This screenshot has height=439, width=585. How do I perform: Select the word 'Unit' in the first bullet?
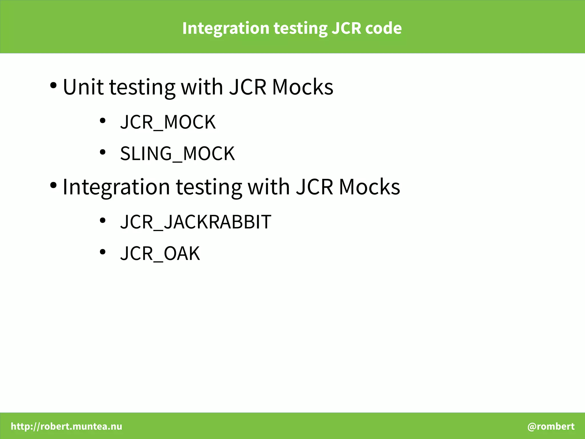tap(83, 87)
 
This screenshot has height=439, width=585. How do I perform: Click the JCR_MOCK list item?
tap(168, 122)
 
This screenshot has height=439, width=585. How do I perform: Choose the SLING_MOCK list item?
tap(177, 154)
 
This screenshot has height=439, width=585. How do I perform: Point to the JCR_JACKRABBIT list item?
tap(196, 222)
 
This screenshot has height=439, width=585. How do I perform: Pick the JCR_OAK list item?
tap(160, 253)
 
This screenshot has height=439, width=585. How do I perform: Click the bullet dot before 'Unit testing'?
tap(53, 85)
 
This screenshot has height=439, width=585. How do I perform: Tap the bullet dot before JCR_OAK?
tap(103, 252)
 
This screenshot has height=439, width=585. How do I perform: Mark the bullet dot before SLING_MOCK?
tap(103, 152)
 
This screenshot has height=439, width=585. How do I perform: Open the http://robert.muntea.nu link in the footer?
tap(67, 426)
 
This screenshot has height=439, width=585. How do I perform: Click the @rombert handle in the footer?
tap(551, 426)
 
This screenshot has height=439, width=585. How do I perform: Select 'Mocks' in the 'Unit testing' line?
tap(302, 87)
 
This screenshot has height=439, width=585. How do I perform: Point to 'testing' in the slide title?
tap(300, 29)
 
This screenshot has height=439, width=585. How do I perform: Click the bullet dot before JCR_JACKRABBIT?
tap(103, 221)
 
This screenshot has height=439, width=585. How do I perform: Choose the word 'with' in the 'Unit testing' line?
tap(202, 87)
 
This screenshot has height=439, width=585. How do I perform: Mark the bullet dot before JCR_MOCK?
tap(103, 121)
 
